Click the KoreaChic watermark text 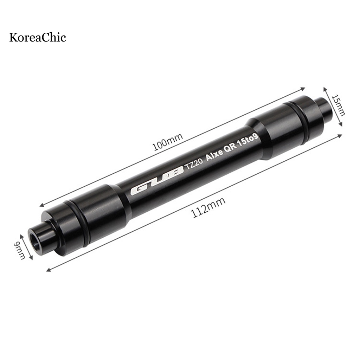tap(38, 37)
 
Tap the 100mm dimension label tap(168, 142)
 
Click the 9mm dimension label tap(19, 250)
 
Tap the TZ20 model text tap(194, 164)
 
